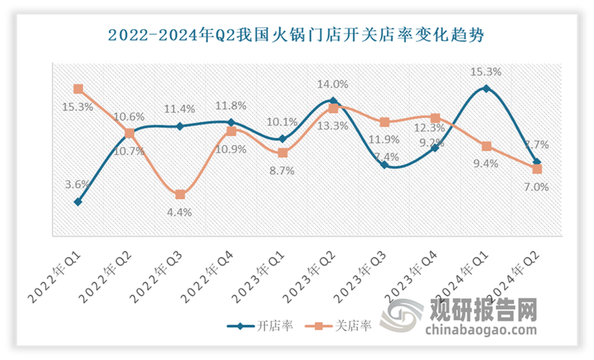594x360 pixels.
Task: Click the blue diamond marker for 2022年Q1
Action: click(78, 202)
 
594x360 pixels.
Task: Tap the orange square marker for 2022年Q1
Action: click(78, 89)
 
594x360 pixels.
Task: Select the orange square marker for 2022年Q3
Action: click(180, 194)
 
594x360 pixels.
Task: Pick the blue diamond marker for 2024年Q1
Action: click(487, 89)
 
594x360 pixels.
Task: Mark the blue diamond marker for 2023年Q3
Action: click(385, 165)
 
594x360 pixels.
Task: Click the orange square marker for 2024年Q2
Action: click(538, 169)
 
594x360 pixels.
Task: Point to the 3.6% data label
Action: click(77, 184)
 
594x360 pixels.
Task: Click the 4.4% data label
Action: click(179, 212)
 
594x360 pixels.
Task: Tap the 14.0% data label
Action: click(332, 83)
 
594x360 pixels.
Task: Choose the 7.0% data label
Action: click(536, 187)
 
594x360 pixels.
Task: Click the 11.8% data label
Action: click(231, 106)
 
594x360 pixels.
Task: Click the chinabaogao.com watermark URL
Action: click(480, 331)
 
